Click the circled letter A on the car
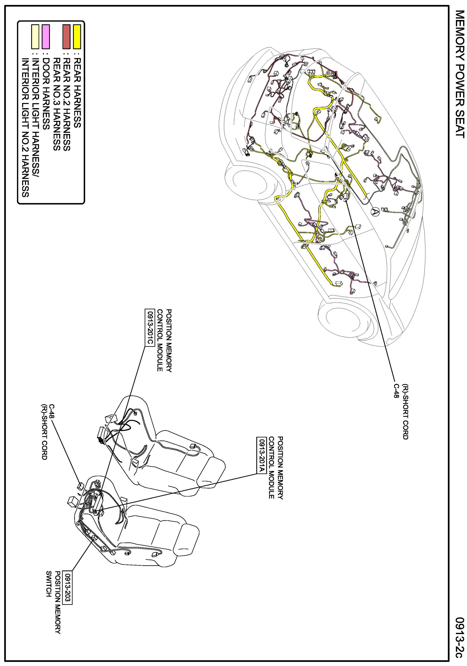click(375, 212)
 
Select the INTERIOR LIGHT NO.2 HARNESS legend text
click(26, 128)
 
